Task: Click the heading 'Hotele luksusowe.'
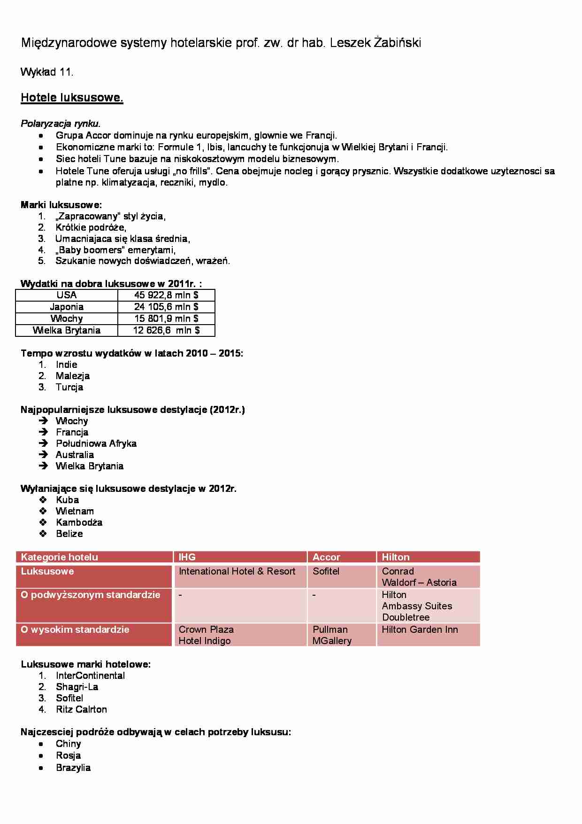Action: click(72, 98)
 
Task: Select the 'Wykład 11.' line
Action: click(47, 72)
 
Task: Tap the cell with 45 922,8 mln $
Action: click(166, 295)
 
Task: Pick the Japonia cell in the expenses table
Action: click(67, 307)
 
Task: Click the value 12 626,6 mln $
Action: click(166, 330)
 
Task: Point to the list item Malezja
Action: click(72, 376)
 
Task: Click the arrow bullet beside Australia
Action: click(44, 455)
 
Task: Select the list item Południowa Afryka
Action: click(96, 443)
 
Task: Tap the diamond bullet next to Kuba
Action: click(44, 500)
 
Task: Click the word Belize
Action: click(69, 534)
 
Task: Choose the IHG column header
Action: click(187, 557)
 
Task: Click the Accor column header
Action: click(326, 557)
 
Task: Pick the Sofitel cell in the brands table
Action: click(326, 571)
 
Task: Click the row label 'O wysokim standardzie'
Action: click(75, 630)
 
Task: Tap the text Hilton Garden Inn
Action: click(420, 630)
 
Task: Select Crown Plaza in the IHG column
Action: click(206, 630)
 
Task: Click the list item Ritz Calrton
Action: click(81, 709)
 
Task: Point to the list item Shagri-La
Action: click(77, 687)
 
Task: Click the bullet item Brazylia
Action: click(73, 768)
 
